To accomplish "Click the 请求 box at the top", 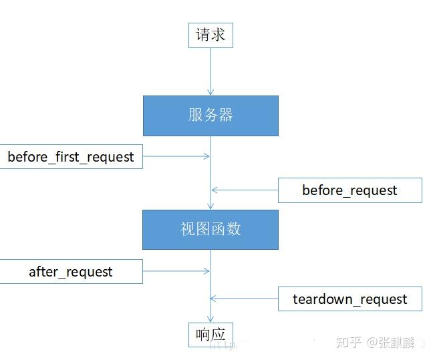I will click(x=210, y=35).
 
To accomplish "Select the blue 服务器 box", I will click(x=210, y=116).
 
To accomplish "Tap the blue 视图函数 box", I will click(x=210, y=230).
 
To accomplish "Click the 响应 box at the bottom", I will click(x=210, y=335).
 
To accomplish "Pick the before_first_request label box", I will click(x=71, y=157).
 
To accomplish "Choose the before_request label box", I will click(x=349, y=190).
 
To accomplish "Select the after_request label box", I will click(x=71, y=272).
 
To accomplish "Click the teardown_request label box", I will click(x=349, y=299).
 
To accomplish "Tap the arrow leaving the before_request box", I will click(x=245, y=190).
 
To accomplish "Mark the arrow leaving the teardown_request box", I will click(x=245, y=299).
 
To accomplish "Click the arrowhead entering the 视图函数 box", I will click(x=210, y=206).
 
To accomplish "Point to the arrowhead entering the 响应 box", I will click(x=210, y=319).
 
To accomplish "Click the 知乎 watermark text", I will click(x=348, y=343).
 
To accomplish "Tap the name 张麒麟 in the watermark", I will click(x=398, y=343).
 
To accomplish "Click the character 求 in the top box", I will click(x=219, y=35).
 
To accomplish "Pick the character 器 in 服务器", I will click(x=226, y=116).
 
